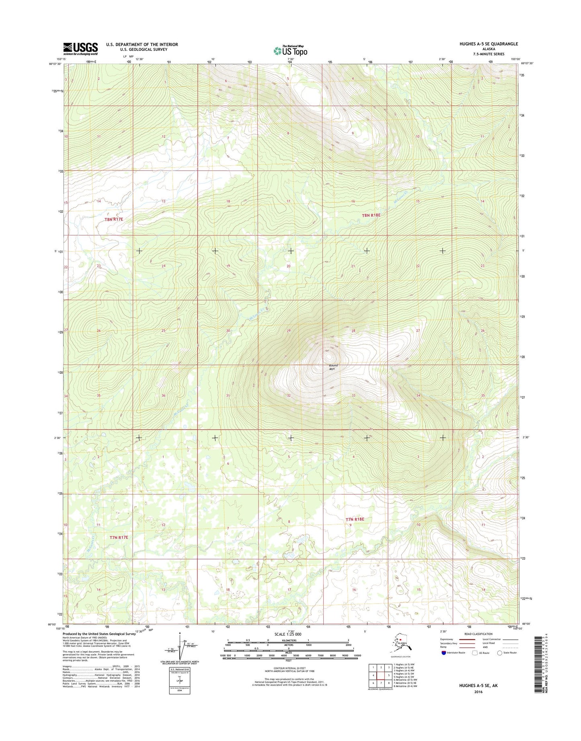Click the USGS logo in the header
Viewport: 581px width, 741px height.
(80, 49)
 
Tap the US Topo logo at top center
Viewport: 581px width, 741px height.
(290, 51)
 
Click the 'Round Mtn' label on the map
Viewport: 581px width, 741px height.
(333, 367)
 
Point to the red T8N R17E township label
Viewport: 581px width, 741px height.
(113, 219)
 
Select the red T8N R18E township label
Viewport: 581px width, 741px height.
(371, 215)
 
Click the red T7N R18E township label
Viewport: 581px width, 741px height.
(355, 519)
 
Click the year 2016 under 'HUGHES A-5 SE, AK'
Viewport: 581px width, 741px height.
(478, 692)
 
